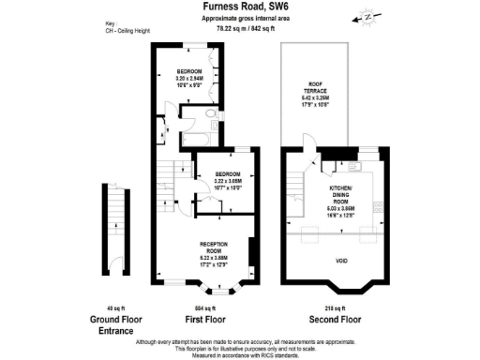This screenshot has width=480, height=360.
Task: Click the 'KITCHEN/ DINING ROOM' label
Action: coord(338,201)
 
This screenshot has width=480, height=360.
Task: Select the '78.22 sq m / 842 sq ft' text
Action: coord(246,28)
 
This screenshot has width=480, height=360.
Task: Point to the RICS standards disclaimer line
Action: coord(246,355)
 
